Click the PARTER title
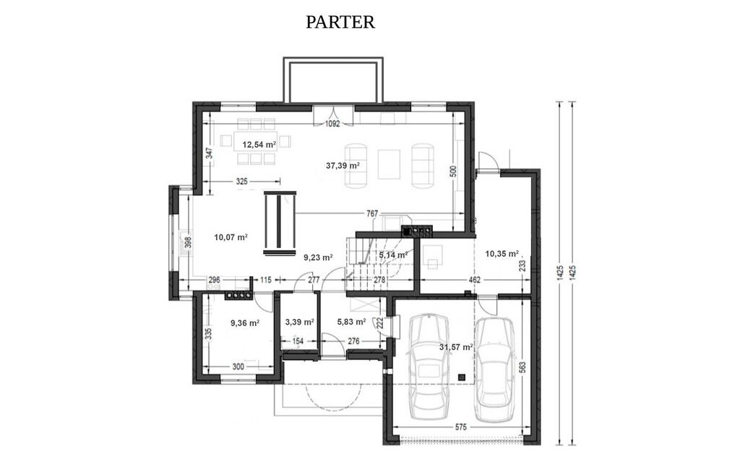click(340, 22)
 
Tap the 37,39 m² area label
click(343, 166)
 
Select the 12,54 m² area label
click(259, 145)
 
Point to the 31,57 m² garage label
click(456, 347)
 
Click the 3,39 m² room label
click(300, 322)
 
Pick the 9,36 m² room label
click(244, 323)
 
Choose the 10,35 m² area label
click(502, 254)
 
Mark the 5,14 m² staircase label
click(393, 255)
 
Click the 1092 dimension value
click(332, 124)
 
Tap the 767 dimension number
click(372, 214)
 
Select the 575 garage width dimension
click(461, 427)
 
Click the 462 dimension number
click(474, 280)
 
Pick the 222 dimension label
click(379, 324)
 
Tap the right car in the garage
click(494, 370)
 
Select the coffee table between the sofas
click(390, 164)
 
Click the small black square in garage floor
click(462, 377)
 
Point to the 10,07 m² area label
click(231, 237)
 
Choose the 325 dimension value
click(241, 182)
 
